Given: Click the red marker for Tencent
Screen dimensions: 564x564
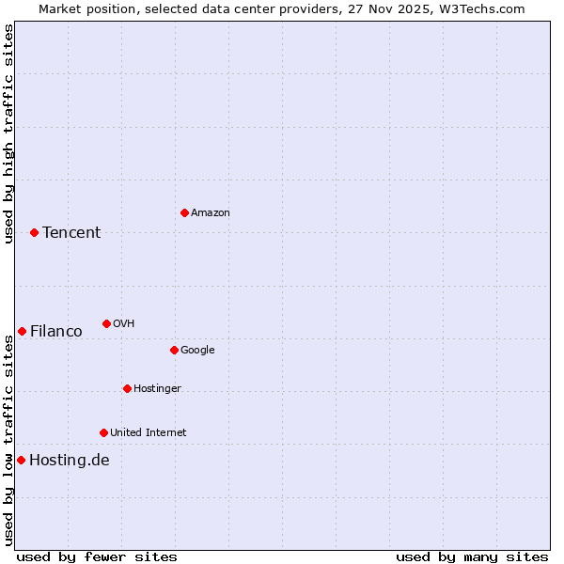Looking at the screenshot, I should coord(34,232).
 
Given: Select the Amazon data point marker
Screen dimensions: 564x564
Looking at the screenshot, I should coord(184,212).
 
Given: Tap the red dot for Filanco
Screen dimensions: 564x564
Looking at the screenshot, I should coord(22,331).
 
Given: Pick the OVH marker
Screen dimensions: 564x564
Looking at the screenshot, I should coord(106,323).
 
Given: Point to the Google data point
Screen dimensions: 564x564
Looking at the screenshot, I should coord(174,350).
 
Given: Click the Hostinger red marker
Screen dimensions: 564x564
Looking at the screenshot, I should coord(127,388).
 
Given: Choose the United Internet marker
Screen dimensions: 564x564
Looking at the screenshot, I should coord(103,432).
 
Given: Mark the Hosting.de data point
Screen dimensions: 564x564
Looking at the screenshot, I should coord(21,460).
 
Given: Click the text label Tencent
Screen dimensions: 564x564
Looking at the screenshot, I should coord(71,232).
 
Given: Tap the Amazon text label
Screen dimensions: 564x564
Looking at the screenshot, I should coord(211,212).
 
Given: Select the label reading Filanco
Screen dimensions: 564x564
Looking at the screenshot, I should coord(56,331).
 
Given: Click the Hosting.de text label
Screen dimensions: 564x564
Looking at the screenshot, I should coord(70,460).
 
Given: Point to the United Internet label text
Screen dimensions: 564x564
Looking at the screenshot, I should coord(149,432).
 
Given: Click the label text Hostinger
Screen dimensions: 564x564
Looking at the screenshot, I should coord(157,388).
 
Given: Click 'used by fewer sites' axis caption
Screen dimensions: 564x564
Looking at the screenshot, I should coord(97,556).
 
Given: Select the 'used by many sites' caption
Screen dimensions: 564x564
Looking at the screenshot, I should coord(472,556).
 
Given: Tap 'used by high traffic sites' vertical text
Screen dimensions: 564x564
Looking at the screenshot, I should coord(8,133).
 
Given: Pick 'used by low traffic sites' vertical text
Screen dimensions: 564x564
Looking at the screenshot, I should coord(8,440).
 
